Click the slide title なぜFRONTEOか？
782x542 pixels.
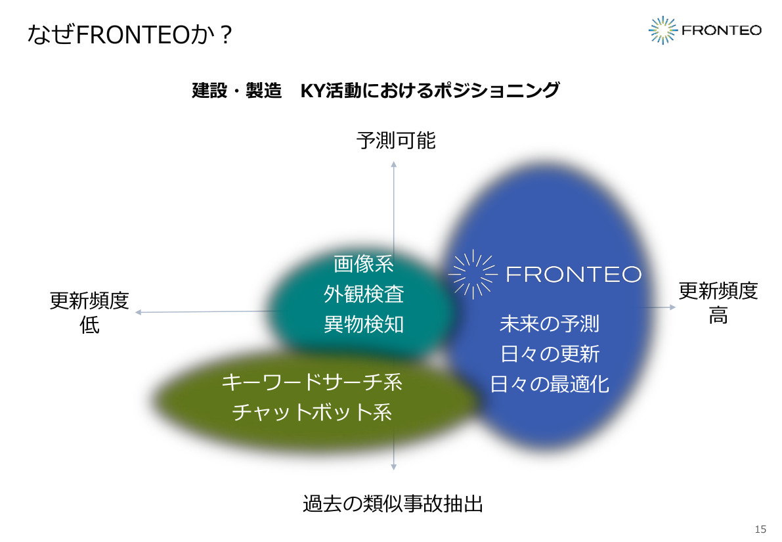pyautogui.click(x=129, y=34)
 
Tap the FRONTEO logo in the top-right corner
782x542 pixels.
pyautogui.click(x=705, y=30)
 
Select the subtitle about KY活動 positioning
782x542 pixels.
pyautogui.click(x=376, y=91)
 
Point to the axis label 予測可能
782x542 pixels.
pyautogui.click(x=396, y=140)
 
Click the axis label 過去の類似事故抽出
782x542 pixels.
pyautogui.click(x=393, y=504)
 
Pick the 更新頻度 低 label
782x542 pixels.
pyautogui.click(x=89, y=313)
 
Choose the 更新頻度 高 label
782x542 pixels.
pyautogui.click(x=718, y=303)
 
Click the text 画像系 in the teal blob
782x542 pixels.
pyautogui.click(x=364, y=264)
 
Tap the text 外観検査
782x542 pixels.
pyautogui.click(x=364, y=294)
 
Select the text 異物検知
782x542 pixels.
pyautogui.click(x=364, y=325)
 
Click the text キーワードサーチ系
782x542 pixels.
pyautogui.click(x=312, y=382)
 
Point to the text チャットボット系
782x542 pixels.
pyautogui.click(x=312, y=412)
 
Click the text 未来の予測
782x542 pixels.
pyautogui.click(x=550, y=323)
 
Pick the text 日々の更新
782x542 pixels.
pyautogui.click(x=550, y=354)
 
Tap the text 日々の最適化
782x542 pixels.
pyautogui.click(x=550, y=384)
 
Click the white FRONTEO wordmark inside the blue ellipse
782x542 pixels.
pyautogui.click(x=574, y=274)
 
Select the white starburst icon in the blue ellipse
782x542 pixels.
pyautogui.click(x=473, y=274)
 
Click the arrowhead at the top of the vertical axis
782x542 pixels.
pyautogui.click(x=393, y=164)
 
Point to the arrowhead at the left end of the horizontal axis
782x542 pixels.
pyautogui.click(x=138, y=313)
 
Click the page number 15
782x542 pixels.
pyautogui.click(x=760, y=529)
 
